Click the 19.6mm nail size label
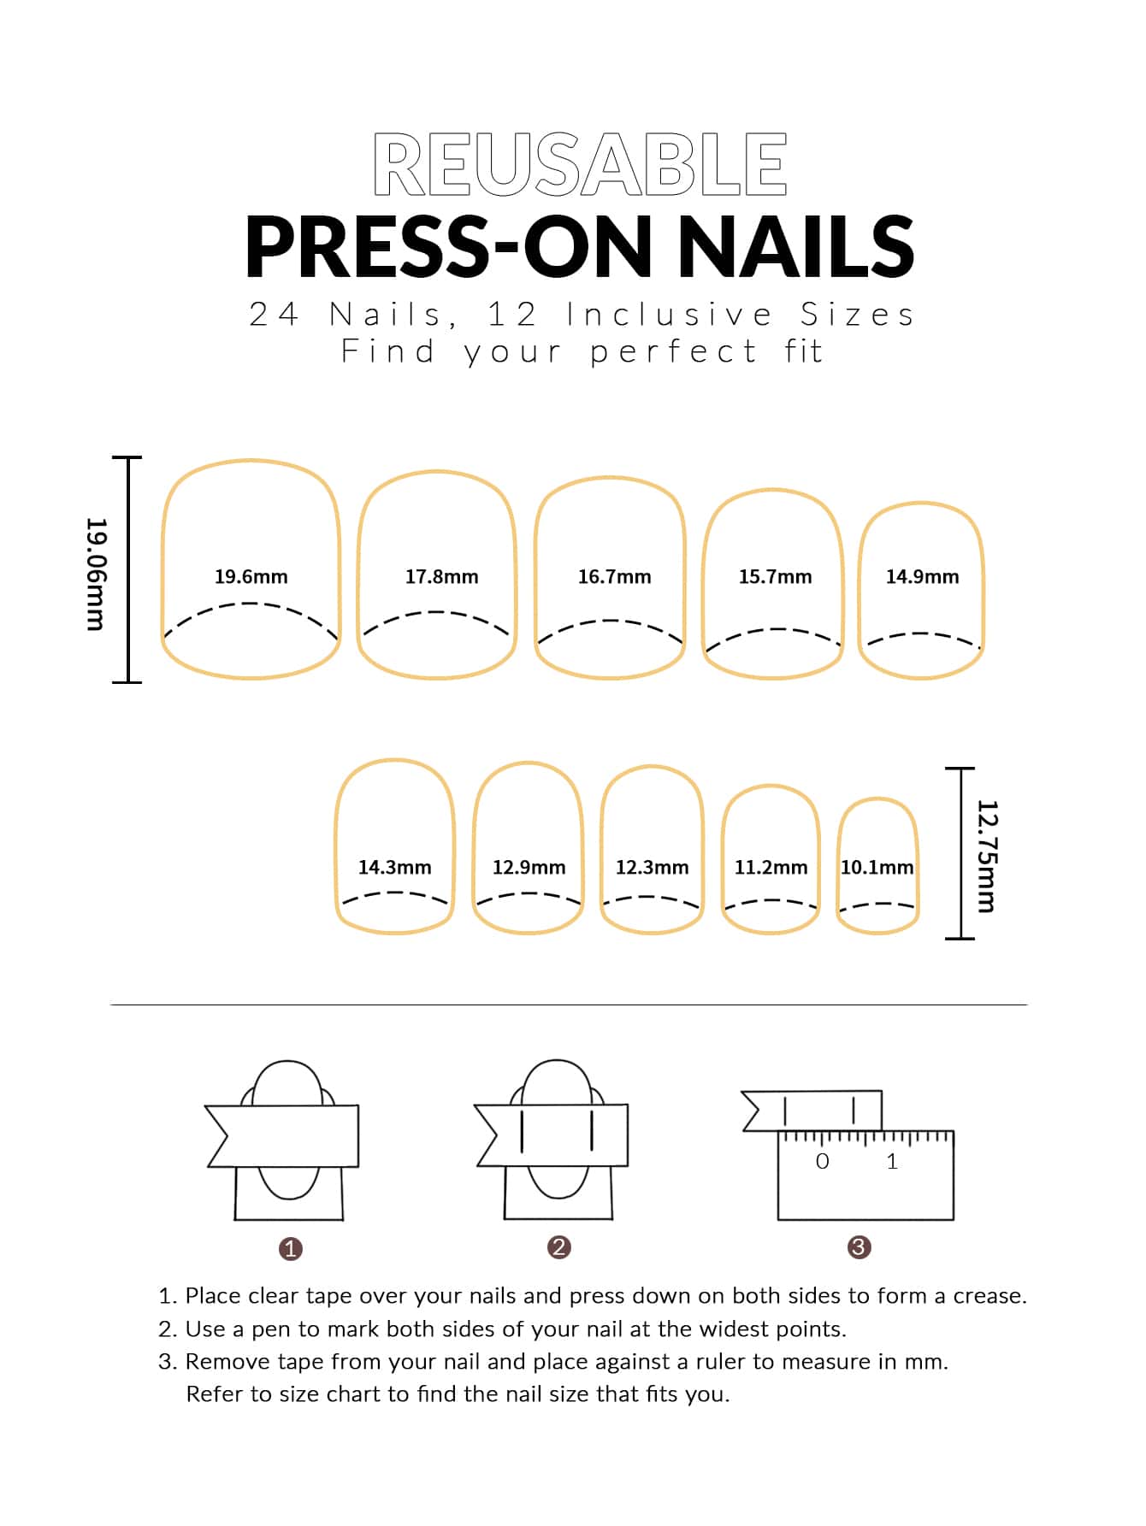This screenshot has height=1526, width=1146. click(x=251, y=577)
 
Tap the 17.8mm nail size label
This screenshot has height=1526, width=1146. click(x=441, y=577)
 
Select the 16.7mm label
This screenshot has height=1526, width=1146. click(x=614, y=577)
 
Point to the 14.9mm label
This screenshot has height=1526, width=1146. click(x=922, y=577)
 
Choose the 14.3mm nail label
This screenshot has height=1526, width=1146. click(x=394, y=868)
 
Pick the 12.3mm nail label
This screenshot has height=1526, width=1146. click(x=652, y=868)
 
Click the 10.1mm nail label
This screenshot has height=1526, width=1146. click(x=877, y=868)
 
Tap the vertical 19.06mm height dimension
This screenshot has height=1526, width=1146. click(x=96, y=574)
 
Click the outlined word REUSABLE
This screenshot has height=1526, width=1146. click(x=580, y=164)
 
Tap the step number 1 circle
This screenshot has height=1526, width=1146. click(x=291, y=1249)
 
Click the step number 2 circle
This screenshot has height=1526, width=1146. click(x=558, y=1247)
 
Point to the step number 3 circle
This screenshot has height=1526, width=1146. click(x=859, y=1247)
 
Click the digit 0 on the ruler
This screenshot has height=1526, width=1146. click(x=823, y=1162)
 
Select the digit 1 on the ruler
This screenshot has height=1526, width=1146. click(x=892, y=1162)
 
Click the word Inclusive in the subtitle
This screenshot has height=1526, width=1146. click(x=670, y=315)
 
